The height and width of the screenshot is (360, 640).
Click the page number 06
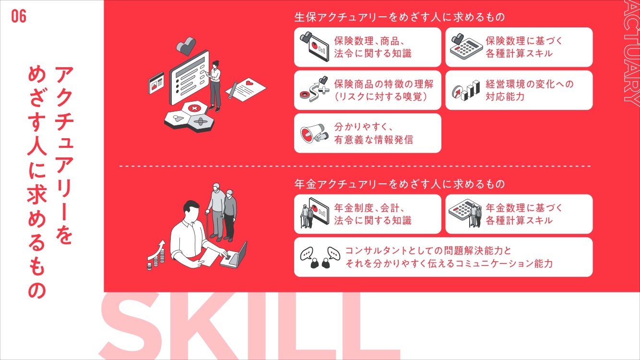pos(19,16)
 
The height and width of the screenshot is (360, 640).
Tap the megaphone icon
pos(314,133)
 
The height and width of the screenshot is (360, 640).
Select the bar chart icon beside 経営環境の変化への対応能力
pos(466,90)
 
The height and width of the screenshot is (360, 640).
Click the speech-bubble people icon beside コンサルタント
pos(320,257)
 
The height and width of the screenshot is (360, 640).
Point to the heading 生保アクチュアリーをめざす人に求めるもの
pos(400,17)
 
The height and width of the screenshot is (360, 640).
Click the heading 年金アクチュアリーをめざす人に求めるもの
pos(400,184)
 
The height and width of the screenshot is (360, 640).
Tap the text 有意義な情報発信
pos(374,140)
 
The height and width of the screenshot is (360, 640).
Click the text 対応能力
pos(505,96)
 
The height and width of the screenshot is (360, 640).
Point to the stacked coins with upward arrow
pos(156,255)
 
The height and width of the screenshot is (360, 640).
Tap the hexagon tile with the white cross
pos(195,108)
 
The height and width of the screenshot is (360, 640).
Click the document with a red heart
pos(246,89)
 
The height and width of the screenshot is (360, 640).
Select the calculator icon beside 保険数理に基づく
pos(464,47)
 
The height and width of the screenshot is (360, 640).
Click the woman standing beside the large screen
pos(215,86)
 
